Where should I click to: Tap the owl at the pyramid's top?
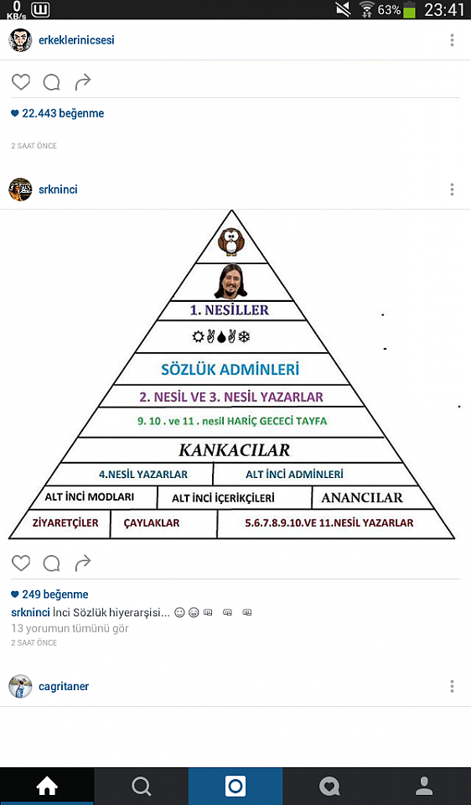click(230, 241)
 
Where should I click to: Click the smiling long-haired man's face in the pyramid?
click(230, 282)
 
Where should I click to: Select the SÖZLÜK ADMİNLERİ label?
click(230, 370)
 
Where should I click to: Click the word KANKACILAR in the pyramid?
click(234, 450)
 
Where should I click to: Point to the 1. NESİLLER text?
click(230, 310)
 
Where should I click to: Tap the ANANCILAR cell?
click(362, 497)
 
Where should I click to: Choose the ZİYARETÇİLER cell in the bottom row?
click(65, 523)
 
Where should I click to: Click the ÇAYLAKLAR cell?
click(152, 523)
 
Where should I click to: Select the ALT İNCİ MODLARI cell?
click(90, 497)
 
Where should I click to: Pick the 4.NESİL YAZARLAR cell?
click(143, 475)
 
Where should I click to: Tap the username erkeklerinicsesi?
click(76, 40)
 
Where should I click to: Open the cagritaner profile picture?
click(20, 687)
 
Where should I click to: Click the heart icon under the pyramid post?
click(21, 563)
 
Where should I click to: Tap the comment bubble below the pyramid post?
click(51, 563)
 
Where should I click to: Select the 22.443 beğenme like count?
click(58, 113)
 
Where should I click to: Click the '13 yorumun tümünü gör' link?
click(70, 628)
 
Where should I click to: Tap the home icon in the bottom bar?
click(47, 786)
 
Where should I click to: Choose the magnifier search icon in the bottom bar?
click(141, 786)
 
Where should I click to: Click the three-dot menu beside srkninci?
click(452, 190)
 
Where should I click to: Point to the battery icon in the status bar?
click(409, 10)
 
